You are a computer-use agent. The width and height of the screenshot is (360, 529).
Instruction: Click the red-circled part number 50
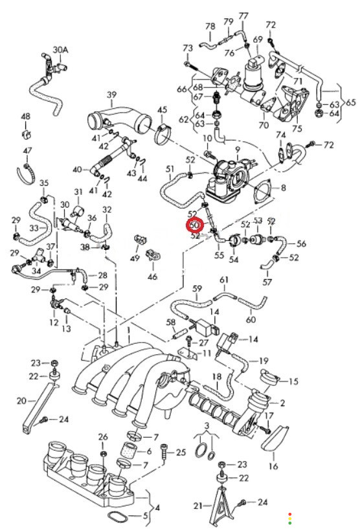click(196, 225)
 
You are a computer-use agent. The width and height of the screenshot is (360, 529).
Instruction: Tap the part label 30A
click(60, 50)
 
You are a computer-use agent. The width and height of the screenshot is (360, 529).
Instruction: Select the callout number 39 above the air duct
click(111, 95)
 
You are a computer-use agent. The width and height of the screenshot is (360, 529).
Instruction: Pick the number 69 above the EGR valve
click(258, 39)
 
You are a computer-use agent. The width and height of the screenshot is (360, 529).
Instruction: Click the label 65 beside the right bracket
click(351, 102)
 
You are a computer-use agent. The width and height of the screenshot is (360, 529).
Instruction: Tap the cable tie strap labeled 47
click(26, 173)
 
